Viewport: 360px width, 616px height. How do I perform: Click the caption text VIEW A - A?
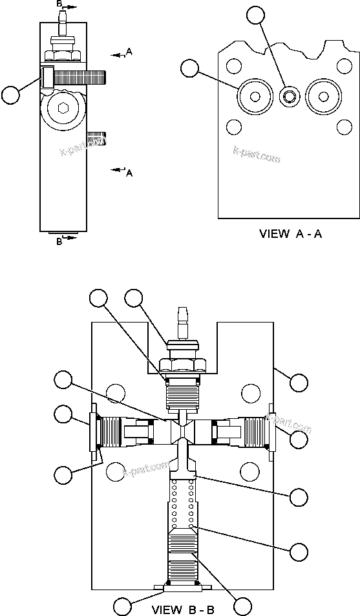[x=290, y=234]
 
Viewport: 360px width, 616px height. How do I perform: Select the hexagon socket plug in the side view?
[x=62, y=111]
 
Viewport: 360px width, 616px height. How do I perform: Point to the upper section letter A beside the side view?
[x=129, y=52]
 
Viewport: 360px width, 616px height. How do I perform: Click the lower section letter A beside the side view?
[x=129, y=173]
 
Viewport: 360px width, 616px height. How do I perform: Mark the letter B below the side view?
[x=59, y=241]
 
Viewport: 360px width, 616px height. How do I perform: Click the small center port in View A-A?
[x=288, y=96]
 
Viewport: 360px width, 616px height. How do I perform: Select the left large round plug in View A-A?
[x=255, y=97]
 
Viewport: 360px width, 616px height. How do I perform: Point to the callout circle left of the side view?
[x=11, y=95]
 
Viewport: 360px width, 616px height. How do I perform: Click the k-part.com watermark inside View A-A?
[x=257, y=154]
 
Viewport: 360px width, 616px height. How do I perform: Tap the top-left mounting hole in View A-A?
[x=235, y=65]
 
